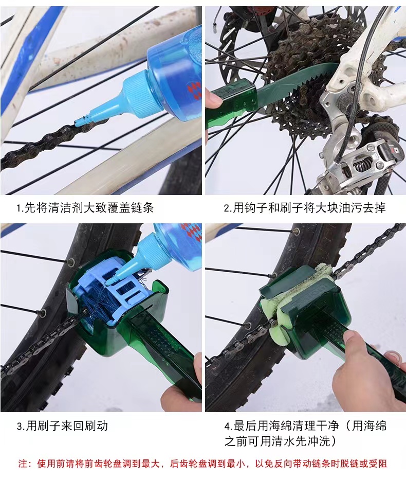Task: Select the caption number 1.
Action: [19, 208]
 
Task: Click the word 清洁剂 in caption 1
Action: [65, 208]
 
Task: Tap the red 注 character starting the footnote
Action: [22, 464]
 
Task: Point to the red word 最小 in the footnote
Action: [236, 464]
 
